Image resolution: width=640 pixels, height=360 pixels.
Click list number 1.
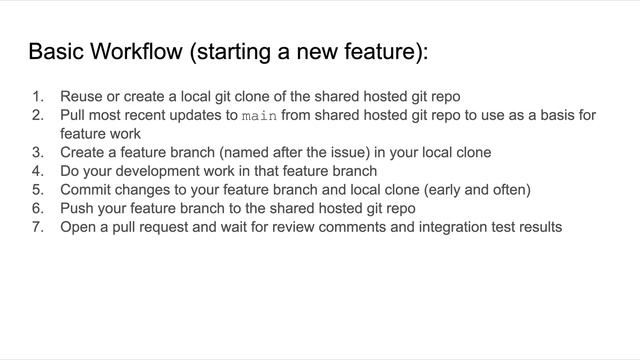click(x=38, y=97)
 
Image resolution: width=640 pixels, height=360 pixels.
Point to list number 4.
click(x=38, y=171)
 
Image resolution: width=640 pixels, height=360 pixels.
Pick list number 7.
click(x=38, y=227)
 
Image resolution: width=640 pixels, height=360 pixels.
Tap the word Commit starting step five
click(x=86, y=190)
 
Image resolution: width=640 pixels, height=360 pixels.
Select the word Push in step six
click(x=77, y=208)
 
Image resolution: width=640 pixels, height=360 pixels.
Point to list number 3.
click(x=38, y=153)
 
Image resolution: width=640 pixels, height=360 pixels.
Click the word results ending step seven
click(x=537, y=227)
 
